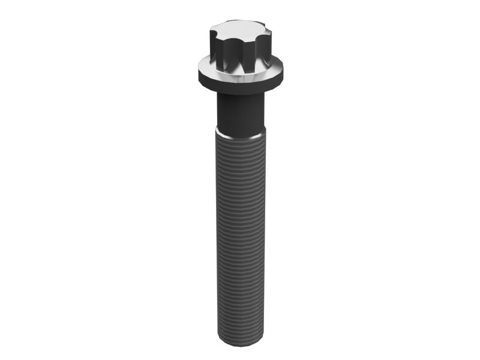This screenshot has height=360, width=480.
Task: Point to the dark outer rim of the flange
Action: click(x=240, y=82)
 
